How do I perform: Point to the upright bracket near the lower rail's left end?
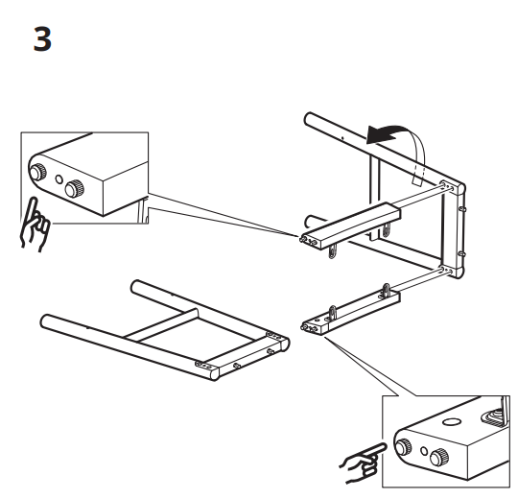click(333, 308)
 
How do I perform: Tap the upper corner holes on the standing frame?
click(447, 185)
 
